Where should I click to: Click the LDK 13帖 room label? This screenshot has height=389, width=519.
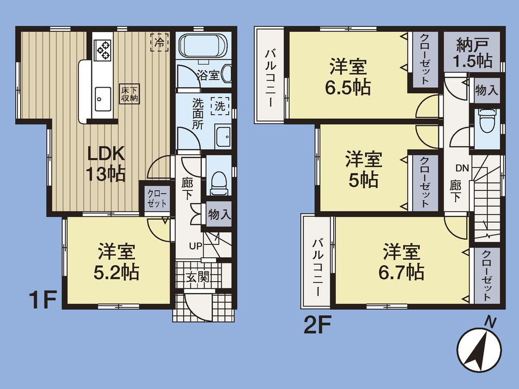click(x=106, y=164)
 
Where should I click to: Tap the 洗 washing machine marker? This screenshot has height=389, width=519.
click(x=220, y=106)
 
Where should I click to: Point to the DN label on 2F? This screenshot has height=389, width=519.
click(x=463, y=168)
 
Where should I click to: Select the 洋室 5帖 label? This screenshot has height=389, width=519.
click(x=363, y=170)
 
